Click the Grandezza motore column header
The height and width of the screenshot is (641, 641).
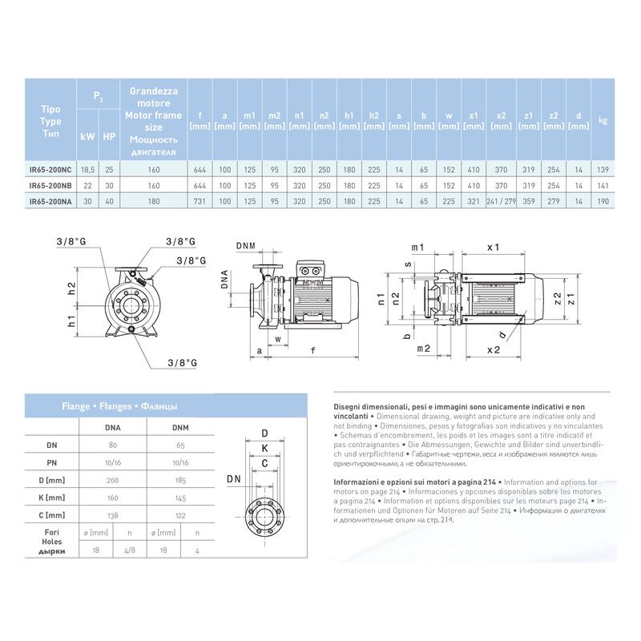coord(154,121)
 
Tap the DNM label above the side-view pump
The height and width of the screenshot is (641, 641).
coord(247,246)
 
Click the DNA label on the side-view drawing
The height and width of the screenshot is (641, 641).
coord(227,280)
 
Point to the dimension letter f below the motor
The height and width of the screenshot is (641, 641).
coord(312,350)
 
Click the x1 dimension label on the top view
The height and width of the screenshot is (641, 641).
coord(493,247)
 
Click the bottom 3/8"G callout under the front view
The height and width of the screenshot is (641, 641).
coord(183,363)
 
